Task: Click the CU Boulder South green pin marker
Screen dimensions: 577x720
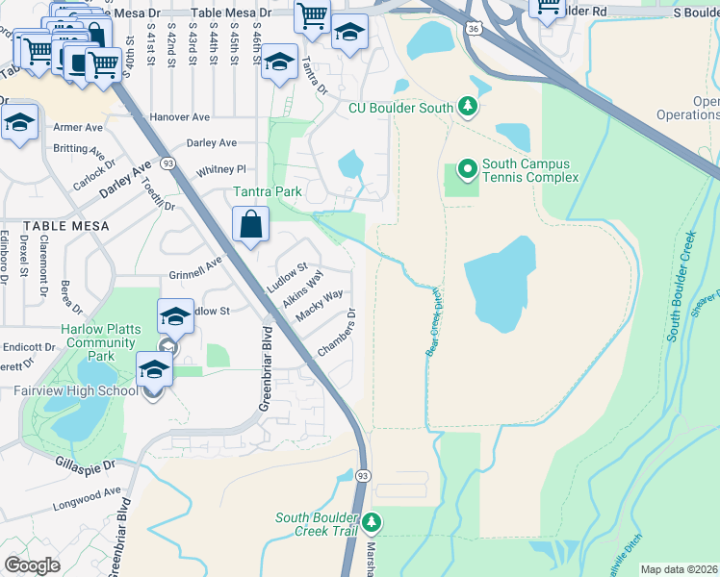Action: tap(467, 105)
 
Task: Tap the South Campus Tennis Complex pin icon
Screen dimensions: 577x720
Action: tap(467, 170)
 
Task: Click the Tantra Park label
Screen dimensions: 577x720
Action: tap(268, 191)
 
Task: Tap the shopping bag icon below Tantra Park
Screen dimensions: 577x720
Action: tap(250, 226)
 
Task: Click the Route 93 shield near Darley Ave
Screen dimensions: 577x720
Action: tap(167, 163)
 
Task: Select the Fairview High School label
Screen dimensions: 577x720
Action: tap(76, 391)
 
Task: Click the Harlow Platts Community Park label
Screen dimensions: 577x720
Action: tap(101, 342)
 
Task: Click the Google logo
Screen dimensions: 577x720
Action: tap(32, 564)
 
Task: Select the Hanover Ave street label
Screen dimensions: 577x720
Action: tap(180, 117)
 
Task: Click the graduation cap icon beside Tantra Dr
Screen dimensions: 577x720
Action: tap(279, 63)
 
